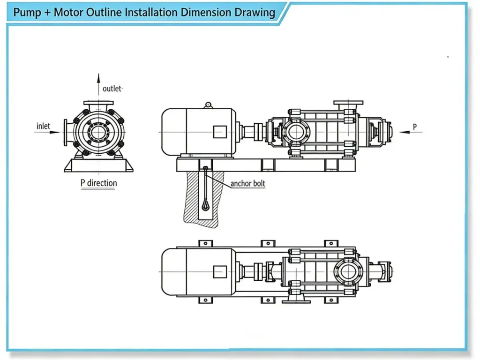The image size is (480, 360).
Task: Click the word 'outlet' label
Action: click(x=112, y=89)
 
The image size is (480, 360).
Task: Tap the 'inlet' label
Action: click(x=43, y=126)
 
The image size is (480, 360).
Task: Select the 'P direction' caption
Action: click(x=98, y=182)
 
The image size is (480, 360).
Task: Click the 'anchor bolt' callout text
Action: click(x=247, y=183)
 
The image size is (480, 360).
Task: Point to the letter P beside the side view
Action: click(x=414, y=127)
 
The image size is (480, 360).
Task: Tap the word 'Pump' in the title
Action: click(x=28, y=12)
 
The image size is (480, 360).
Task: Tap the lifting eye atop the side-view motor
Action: click(x=208, y=105)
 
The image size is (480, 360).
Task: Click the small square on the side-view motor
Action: click(x=219, y=132)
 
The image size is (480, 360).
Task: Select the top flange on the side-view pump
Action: click(x=348, y=103)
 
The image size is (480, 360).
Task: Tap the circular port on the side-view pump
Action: click(x=296, y=132)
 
